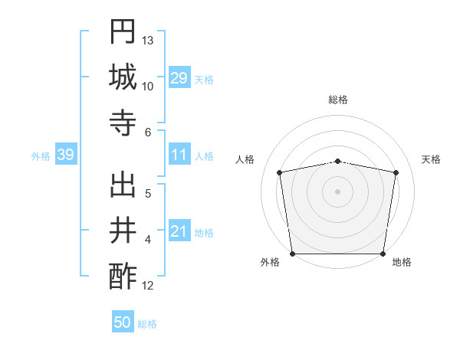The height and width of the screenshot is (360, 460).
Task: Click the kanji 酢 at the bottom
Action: click(123, 277)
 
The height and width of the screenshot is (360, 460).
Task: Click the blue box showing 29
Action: click(179, 77)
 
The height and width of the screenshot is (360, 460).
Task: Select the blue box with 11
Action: click(179, 155)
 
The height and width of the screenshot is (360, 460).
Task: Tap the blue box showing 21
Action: click(179, 231)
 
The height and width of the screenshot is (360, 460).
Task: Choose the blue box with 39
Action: click(65, 155)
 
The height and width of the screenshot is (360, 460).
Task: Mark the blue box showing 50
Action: click(123, 322)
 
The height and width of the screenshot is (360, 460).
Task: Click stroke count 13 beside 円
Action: click(148, 40)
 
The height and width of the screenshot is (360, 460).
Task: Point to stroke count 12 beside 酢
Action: click(148, 286)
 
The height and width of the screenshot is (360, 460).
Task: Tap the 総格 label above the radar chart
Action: click(337, 100)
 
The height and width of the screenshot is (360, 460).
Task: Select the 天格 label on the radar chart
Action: click(432, 159)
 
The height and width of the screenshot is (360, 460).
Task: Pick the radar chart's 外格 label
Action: click(270, 262)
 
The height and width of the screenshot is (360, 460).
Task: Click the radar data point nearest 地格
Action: click(383, 254)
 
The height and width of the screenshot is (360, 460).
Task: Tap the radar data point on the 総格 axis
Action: click(337, 161)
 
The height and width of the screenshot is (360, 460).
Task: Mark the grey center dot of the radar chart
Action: click(337, 191)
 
